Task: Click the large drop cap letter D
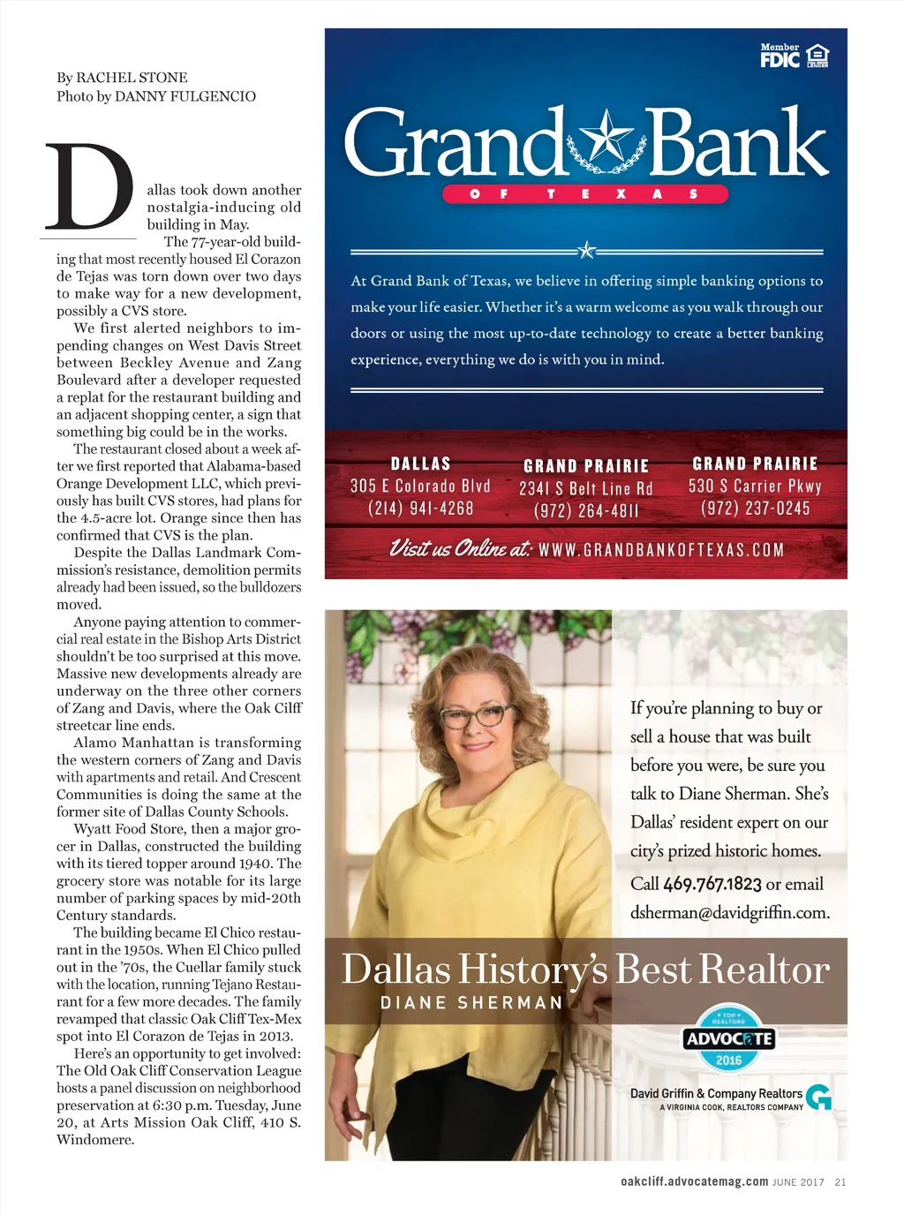(x=90, y=187)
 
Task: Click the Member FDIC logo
(x=780, y=57)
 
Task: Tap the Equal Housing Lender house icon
(x=818, y=57)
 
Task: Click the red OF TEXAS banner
(x=584, y=194)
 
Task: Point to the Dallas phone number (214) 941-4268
(x=421, y=509)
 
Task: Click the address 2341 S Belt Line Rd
(x=586, y=488)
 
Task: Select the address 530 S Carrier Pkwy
(x=755, y=486)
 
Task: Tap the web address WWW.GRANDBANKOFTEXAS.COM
(x=661, y=550)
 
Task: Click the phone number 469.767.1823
(x=712, y=884)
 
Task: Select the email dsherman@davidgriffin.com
(x=729, y=912)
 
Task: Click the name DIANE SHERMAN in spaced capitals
(x=471, y=1003)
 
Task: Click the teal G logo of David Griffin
(x=819, y=1097)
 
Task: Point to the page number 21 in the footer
(x=840, y=1182)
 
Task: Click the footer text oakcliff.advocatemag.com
(x=694, y=1181)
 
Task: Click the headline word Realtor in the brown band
(x=765, y=970)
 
